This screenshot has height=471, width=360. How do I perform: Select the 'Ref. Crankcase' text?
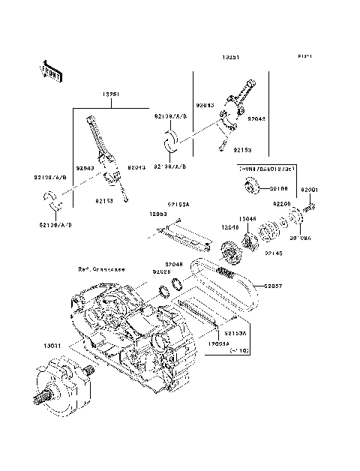coord(100,268)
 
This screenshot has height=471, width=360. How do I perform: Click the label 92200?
coord(281,204)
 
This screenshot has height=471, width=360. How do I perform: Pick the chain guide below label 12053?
coord(184,237)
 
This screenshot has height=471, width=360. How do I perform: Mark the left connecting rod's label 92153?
coord(105,201)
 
